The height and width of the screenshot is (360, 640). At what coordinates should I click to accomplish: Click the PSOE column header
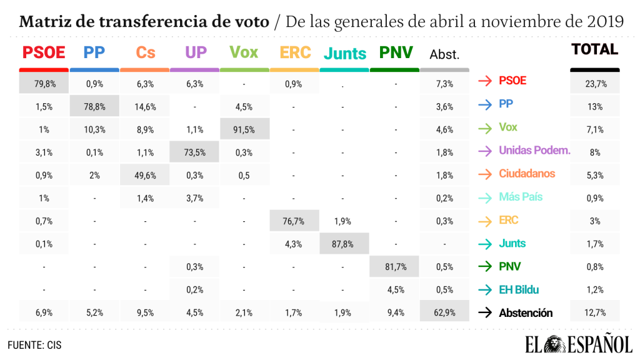tap(44, 52)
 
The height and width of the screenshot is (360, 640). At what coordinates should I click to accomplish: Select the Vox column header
tap(244, 52)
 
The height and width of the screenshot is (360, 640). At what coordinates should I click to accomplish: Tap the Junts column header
tap(344, 54)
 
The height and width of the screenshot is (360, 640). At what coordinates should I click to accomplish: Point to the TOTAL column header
tap(594, 49)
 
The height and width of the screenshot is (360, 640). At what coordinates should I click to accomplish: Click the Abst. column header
tap(444, 55)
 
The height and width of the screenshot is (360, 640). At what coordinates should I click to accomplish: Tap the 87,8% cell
tap(344, 244)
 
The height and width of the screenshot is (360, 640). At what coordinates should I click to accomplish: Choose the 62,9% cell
tap(444, 313)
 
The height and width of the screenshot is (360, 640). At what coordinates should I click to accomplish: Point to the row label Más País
tap(521, 197)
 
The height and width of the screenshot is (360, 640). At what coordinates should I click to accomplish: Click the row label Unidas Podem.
tap(534, 151)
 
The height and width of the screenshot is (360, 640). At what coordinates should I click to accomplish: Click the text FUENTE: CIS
tap(34, 344)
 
